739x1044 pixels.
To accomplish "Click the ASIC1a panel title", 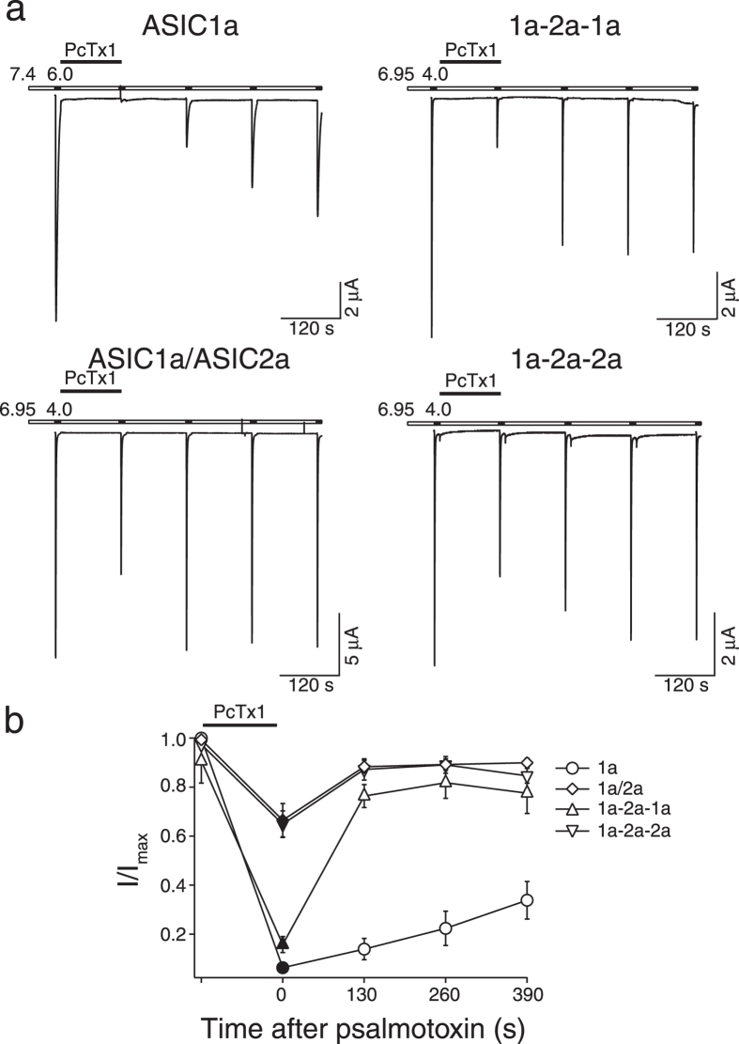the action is pyautogui.click(x=190, y=26).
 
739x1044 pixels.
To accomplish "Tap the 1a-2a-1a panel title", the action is pyautogui.click(x=566, y=26).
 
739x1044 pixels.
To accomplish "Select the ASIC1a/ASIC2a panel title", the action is pyautogui.click(x=190, y=358).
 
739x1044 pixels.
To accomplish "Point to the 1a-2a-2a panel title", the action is pyautogui.click(x=566, y=359).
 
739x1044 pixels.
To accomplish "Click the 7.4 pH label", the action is pyautogui.click(x=22, y=74).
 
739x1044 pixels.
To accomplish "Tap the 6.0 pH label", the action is pyautogui.click(x=60, y=74).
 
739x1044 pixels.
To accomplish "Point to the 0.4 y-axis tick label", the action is pyautogui.click(x=176, y=885).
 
